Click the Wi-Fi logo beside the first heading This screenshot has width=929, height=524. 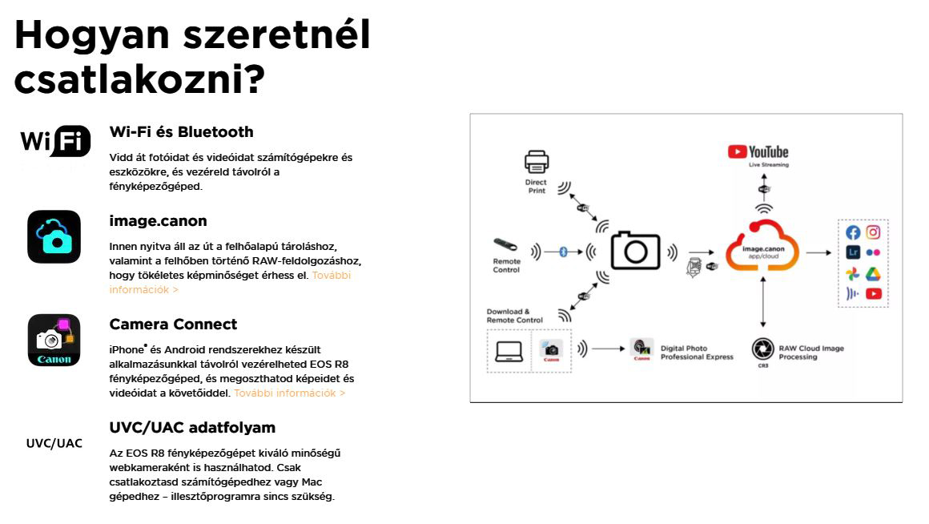[54, 143]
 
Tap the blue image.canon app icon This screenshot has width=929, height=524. [54, 236]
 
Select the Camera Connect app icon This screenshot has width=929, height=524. [54, 340]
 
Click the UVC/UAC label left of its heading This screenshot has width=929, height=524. [54, 444]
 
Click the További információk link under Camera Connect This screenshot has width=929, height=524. [289, 393]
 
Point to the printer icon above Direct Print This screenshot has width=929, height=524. [537, 163]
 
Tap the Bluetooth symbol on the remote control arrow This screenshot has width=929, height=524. [562, 252]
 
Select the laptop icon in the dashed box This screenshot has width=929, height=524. [509, 350]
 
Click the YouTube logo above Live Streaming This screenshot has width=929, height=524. [758, 151]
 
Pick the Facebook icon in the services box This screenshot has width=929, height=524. [853, 232]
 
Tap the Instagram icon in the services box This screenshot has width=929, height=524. [873, 232]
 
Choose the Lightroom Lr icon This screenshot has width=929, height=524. [853, 252]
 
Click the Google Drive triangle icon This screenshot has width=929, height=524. [873, 273]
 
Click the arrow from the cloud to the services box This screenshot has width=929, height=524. [818, 252]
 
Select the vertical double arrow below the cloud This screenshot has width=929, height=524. [762, 303]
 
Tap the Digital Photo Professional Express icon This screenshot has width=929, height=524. [641, 349]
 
